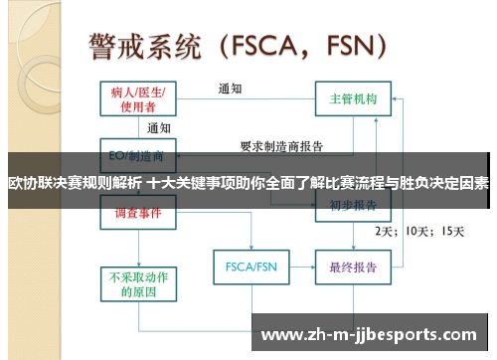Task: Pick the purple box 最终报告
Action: [353, 267]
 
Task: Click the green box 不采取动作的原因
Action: [138, 283]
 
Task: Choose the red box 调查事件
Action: [138, 213]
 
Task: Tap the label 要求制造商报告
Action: [282, 146]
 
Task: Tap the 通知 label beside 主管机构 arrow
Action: [230, 88]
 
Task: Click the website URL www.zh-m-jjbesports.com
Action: [368, 333]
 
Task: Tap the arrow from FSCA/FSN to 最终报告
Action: [299, 267]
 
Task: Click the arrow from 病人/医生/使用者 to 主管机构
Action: [245, 99]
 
